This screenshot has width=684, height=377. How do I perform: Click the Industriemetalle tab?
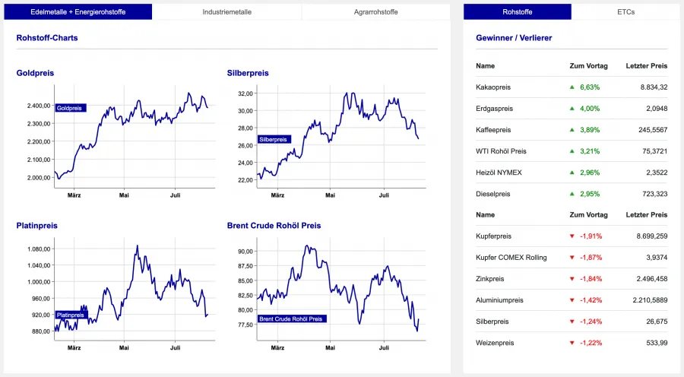[x=226, y=12]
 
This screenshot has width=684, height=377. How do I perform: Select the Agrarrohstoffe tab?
[x=376, y=12]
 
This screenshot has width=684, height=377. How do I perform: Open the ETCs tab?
[x=625, y=12]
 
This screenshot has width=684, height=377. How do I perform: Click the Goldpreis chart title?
[x=35, y=73]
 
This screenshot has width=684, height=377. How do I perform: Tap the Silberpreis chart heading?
[x=248, y=73]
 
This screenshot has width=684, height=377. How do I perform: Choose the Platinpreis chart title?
[x=37, y=226]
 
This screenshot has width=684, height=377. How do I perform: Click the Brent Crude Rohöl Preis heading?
[x=274, y=226]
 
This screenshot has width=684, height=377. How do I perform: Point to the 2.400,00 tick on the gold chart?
[x=37, y=106]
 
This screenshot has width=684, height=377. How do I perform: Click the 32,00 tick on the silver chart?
[x=245, y=93]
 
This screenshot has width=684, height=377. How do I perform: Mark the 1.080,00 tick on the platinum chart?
[x=37, y=249]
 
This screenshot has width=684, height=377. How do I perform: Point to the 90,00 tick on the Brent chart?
[x=245, y=252]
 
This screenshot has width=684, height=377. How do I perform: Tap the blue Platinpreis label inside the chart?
[x=71, y=315]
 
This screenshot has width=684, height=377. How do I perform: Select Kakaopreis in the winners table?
[x=493, y=87]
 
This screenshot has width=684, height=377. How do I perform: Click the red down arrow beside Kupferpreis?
[x=572, y=236]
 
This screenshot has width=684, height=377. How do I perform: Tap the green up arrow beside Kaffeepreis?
[x=572, y=130]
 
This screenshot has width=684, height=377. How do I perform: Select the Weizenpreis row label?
[x=495, y=343]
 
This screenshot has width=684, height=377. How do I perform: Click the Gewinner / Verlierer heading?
[x=514, y=37]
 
